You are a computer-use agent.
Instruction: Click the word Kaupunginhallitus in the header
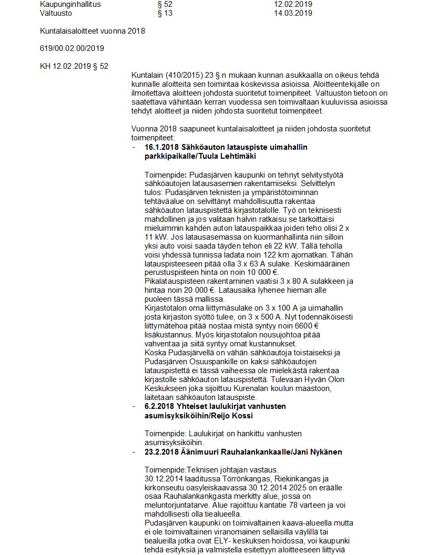(70, 4)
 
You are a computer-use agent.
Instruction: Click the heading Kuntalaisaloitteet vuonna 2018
(93, 31)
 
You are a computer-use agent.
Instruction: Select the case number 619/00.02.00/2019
(72, 48)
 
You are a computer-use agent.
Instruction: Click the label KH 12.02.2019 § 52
(74, 66)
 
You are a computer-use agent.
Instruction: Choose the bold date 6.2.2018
(158, 407)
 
